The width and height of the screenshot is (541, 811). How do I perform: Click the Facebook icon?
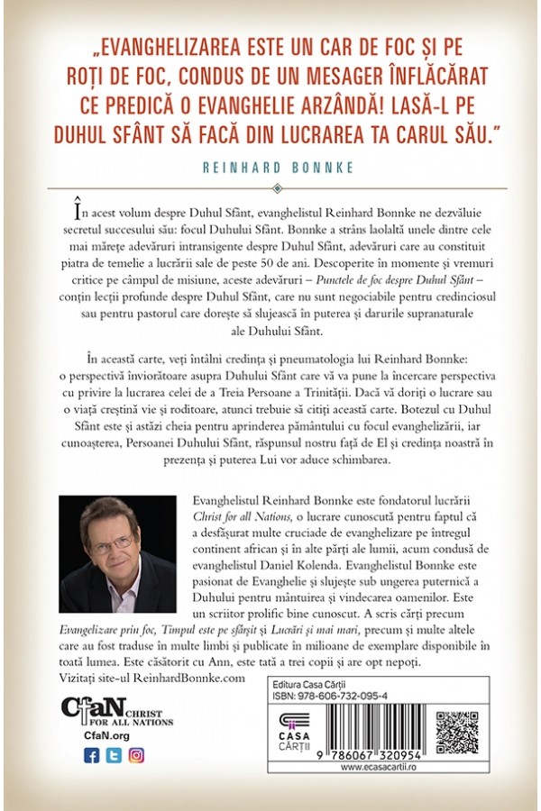[x=90, y=755]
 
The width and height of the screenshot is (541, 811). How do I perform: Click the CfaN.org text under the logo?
[x=87, y=734]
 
